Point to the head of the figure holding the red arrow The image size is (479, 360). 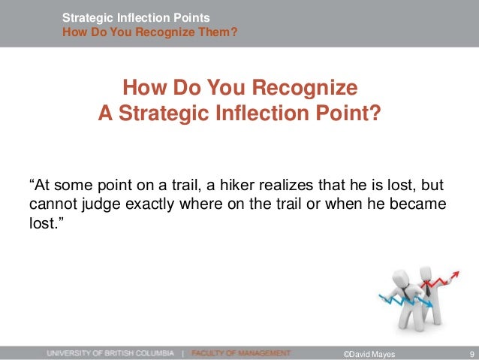click(x=426, y=270)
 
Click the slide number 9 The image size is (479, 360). click(x=469, y=352)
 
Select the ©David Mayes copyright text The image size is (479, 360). click(x=367, y=352)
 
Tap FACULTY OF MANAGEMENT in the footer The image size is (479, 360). click(x=240, y=352)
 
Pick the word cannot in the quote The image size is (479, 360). click(x=53, y=204)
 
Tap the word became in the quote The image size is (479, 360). click(x=420, y=204)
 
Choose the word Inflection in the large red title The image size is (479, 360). click(x=266, y=116)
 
